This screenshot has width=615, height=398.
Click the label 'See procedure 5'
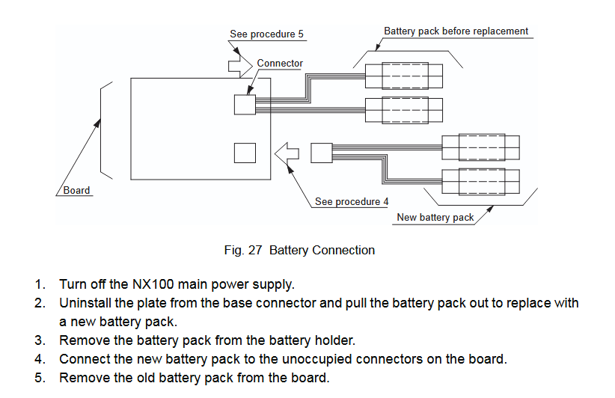point(266,34)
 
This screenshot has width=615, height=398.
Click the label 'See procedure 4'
point(352,201)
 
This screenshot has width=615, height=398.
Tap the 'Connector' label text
point(280,64)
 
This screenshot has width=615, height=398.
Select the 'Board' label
point(76,191)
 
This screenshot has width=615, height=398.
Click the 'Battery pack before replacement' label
point(456,31)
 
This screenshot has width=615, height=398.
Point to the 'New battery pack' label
point(435,218)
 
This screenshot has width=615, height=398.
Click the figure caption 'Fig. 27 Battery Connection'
point(299,250)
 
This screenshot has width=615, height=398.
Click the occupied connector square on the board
point(245,104)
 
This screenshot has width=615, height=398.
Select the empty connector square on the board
point(245,153)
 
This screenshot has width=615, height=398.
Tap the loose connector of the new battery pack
point(321,153)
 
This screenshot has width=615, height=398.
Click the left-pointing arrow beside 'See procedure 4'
point(287,153)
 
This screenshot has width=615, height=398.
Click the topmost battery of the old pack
point(404,76)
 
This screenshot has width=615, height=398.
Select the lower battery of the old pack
point(404,111)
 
